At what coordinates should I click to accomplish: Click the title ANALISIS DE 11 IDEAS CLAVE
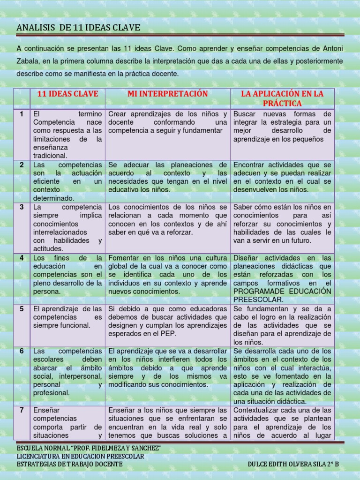click(78, 28)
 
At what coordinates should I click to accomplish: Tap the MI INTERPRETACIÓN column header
click(167, 94)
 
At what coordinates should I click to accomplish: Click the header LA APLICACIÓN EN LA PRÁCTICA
click(282, 98)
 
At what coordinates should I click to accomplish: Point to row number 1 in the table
click(22, 114)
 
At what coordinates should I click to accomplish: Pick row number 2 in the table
click(22, 165)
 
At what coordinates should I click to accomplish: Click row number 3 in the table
click(22, 207)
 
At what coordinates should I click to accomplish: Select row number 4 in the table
click(22, 258)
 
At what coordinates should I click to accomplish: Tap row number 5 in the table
click(22, 308)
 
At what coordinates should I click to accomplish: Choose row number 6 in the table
click(22, 351)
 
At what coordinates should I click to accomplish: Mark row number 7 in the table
click(22, 410)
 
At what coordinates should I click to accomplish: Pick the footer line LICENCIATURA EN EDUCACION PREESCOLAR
click(80, 456)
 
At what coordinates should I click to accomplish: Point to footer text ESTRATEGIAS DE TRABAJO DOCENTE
click(69, 464)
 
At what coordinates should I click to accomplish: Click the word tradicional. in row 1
click(50, 155)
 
